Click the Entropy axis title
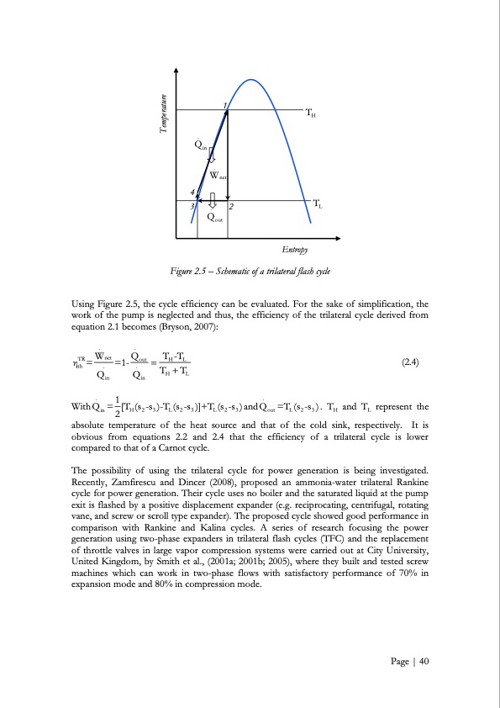(294, 250)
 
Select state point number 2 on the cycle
(232, 207)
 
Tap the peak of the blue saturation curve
(250, 79)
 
